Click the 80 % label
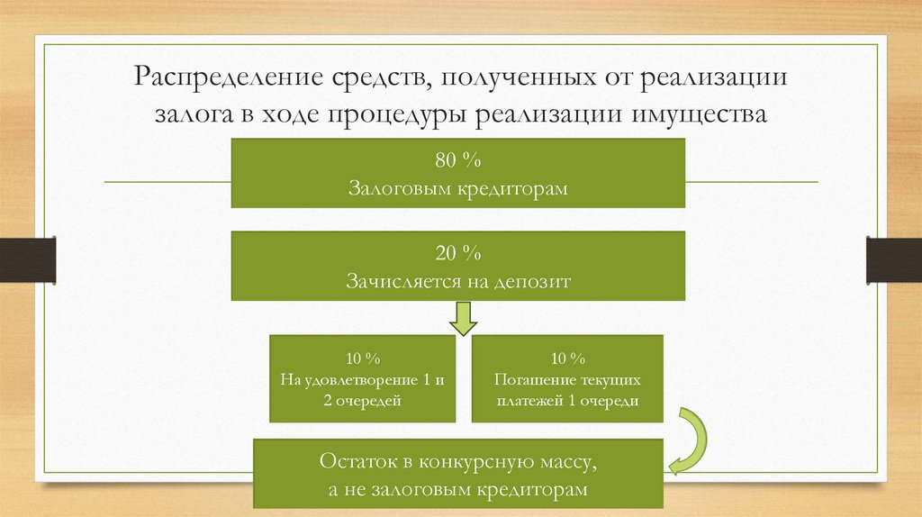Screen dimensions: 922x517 458,161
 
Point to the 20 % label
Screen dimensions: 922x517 458,254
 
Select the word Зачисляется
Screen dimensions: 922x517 398,281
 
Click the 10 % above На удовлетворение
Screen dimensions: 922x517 362,357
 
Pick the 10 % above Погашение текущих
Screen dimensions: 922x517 566,357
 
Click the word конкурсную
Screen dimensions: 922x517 473,463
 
